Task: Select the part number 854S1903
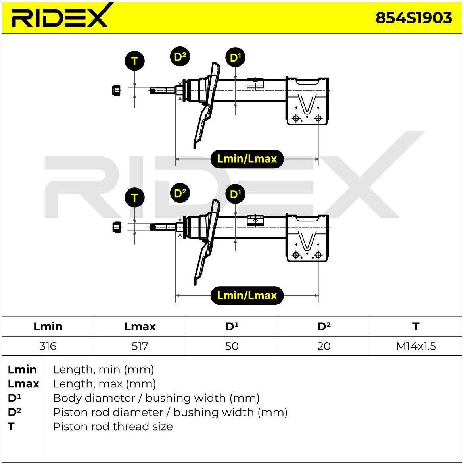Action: (414, 18)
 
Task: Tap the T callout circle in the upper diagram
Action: (135, 61)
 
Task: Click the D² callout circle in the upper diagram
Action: (180, 56)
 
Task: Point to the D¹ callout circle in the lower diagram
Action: (235, 194)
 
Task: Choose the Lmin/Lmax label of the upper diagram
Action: (247, 159)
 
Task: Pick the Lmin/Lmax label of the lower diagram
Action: (247, 296)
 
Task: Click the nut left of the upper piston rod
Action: (116, 90)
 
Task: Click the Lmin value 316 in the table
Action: (48, 346)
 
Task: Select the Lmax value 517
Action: (140, 346)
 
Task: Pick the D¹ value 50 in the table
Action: (232, 346)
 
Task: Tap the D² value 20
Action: (324, 346)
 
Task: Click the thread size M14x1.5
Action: (416, 346)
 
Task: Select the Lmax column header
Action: (140, 326)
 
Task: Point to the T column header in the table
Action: (416, 326)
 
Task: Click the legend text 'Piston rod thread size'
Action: (113, 426)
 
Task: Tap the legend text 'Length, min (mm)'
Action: (104, 370)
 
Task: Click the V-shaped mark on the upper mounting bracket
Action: (307, 104)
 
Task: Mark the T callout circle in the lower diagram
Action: (135, 198)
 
